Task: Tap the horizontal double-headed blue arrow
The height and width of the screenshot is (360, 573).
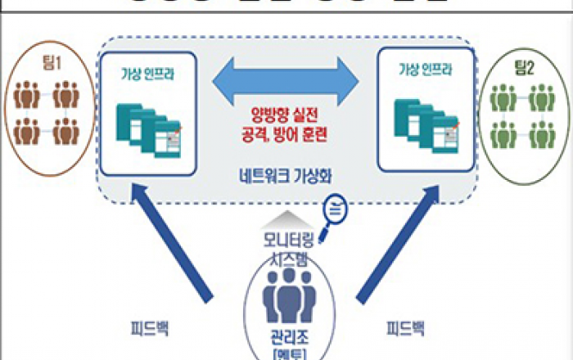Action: [286, 82]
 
